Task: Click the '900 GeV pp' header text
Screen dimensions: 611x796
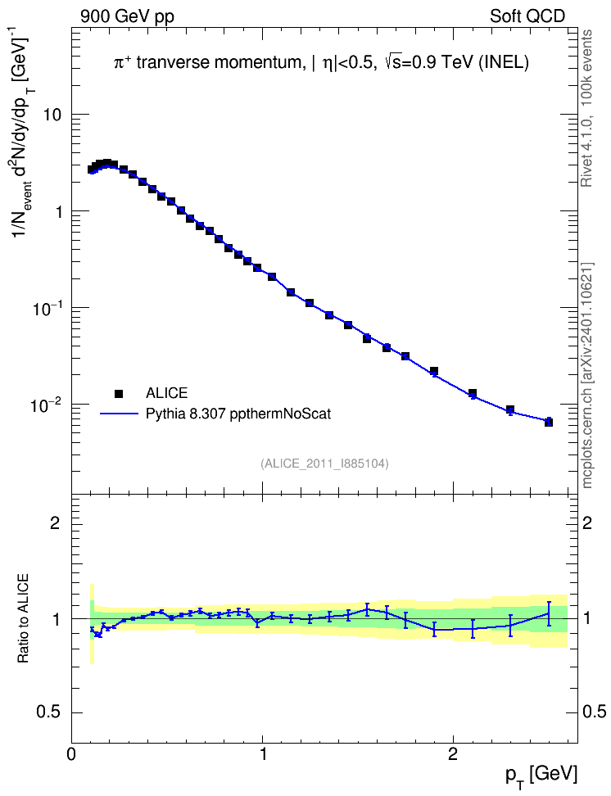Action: (x=127, y=16)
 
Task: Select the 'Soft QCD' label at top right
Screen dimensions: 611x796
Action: (x=527, y=16)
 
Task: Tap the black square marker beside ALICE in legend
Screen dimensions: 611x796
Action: (x=119, y=393)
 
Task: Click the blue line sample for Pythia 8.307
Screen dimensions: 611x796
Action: (x=120, y=414)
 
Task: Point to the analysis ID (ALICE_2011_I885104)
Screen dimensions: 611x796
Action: (x=324, y=464)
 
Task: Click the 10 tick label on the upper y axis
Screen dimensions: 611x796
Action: (x=51, y=115)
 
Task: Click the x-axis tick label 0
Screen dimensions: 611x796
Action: (x=71, y=754)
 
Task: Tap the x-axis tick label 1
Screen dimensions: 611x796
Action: (x=263, y=754)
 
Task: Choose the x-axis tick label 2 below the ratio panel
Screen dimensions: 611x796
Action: (x=453, y=754)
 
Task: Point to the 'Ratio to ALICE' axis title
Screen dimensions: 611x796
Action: (x=23, y=618)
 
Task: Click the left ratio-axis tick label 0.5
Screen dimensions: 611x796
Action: (x=49, y=712)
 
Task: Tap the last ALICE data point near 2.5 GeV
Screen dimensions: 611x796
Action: (x=549, y=422)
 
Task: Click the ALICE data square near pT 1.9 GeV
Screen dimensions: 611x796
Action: (x=434, y=371)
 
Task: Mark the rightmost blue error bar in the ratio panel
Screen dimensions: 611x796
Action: (x=549, y=613)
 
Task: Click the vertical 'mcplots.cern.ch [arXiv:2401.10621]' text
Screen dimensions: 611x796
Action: (x=587, y=375)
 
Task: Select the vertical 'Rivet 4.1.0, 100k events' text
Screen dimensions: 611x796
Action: (x=586, y=109)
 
